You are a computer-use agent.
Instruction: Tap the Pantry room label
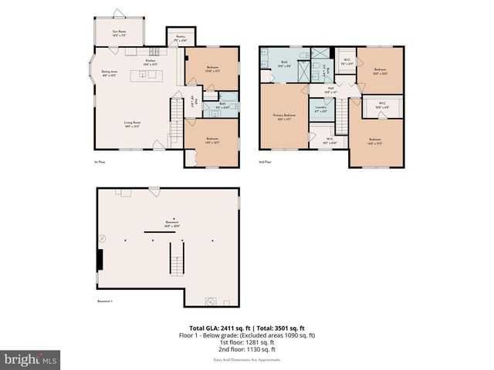(180, 38)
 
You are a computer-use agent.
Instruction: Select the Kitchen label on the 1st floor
(151, 62)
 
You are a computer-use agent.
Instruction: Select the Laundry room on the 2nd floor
(320, 109)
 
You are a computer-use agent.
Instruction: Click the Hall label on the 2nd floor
(330, 89)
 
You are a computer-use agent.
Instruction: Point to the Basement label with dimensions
(171, 224)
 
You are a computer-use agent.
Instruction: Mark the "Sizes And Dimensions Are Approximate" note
(247, 359)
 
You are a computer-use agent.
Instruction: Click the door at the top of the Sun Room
(117, 14)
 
